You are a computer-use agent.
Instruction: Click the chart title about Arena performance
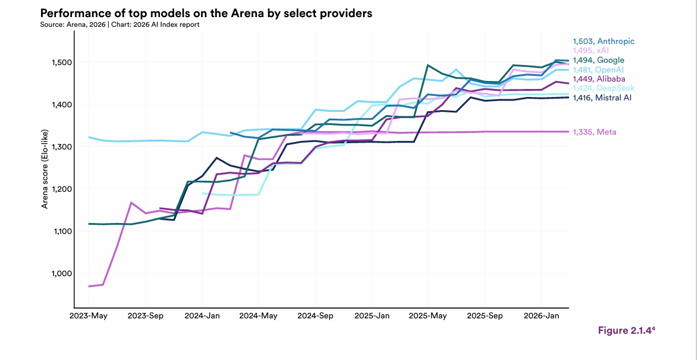206,13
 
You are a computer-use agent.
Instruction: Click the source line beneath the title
120,25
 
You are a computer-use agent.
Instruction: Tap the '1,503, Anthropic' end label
603,41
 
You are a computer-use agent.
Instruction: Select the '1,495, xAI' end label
591,50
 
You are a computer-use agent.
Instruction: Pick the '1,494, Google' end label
599,60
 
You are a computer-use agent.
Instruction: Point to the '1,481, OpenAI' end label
598,70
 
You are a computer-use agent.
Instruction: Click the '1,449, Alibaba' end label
599,79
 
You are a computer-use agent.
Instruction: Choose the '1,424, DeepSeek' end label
603,88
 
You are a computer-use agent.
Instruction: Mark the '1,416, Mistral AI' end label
602,98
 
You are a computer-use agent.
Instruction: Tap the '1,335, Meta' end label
595,132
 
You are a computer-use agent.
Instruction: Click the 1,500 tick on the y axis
62,63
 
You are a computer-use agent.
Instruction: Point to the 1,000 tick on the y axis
62,274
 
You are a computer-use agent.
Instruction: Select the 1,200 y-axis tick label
62,189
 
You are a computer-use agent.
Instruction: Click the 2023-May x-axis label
88,316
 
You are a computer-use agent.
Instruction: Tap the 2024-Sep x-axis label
315,316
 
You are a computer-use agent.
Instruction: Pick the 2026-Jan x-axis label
541,316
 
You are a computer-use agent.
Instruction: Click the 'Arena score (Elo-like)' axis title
45,169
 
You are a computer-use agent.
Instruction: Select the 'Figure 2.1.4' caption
626,330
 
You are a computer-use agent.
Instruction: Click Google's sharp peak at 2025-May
428,65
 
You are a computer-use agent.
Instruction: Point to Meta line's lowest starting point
89,286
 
